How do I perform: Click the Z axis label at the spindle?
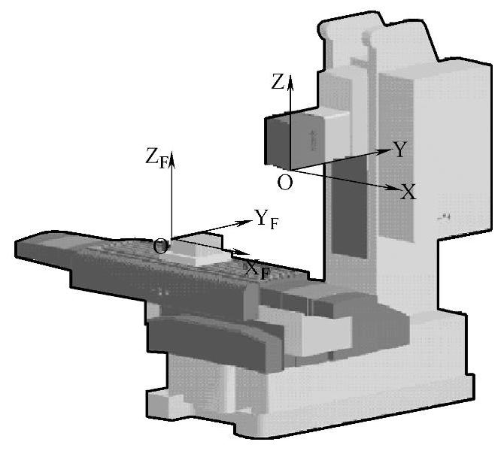point(278,81)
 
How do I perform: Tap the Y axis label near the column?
point(399,149)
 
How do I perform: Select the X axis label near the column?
point(408,192)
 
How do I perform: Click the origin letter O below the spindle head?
point(285,183)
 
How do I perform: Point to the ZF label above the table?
point(156,158)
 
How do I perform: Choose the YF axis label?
point(266,219)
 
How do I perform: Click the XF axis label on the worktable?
point(257,270)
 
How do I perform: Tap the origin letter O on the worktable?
point(160,247)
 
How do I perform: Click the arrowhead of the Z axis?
point(290,81)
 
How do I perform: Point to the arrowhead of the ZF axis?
point(172,159)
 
